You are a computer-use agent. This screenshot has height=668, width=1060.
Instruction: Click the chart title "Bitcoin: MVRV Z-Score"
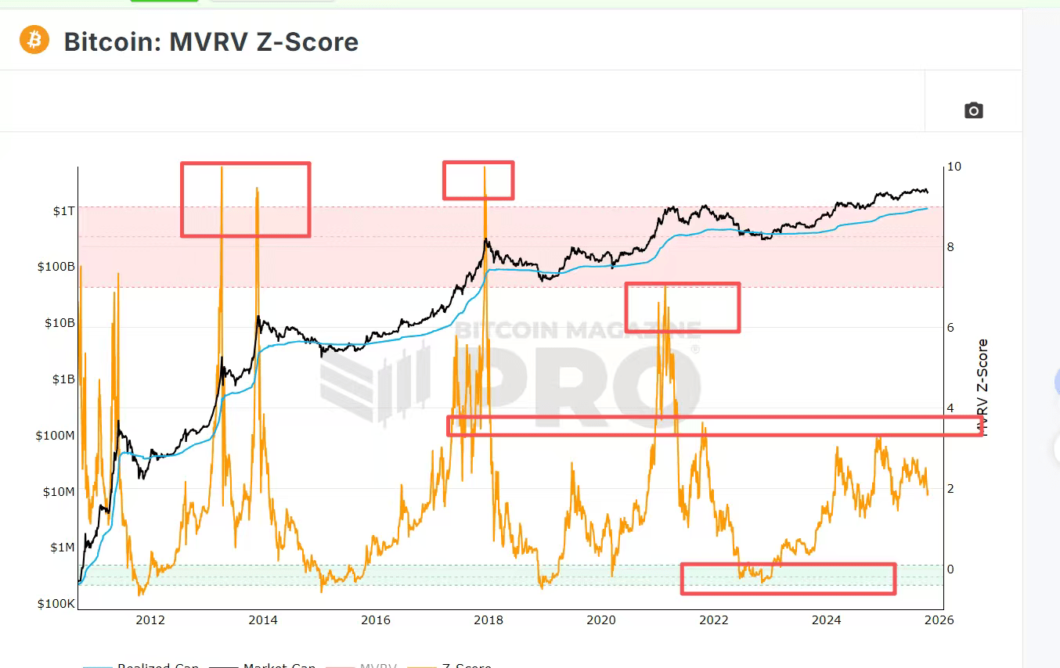[211, 41]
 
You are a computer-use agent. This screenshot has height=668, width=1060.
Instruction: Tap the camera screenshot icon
[973, 110]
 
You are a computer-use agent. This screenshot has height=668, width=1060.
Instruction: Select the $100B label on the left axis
[56, 267]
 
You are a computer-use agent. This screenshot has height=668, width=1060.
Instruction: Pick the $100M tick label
[55, 436]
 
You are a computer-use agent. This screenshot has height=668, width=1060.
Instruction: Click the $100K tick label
[56, 604]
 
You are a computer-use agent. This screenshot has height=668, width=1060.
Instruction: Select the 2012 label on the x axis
[150, 620]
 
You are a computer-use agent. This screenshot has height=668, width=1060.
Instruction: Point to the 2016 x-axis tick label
[376, 620]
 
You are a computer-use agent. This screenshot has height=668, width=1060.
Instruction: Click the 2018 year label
[489, 620]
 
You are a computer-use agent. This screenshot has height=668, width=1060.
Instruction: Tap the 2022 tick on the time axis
[714, 620]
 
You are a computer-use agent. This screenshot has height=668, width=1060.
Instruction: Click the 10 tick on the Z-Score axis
[954, 167]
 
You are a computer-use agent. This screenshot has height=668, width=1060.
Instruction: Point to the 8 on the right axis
[950, 247]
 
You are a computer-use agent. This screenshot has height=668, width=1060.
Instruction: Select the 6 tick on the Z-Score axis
[950, 328]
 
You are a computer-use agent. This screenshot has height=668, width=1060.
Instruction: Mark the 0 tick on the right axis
[950, 569]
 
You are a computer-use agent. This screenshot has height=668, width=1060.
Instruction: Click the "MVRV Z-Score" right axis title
[982, 387]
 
